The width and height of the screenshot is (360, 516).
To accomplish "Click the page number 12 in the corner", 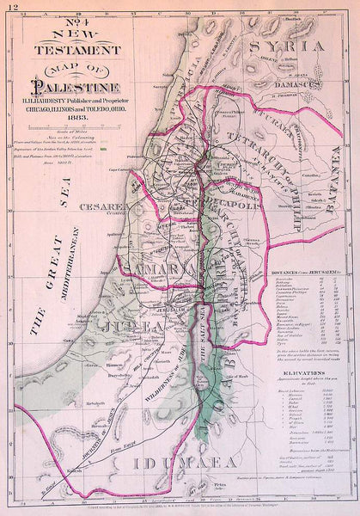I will [x=9, y=7].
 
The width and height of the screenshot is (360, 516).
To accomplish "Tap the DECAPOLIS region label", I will [x=228, y=207].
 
